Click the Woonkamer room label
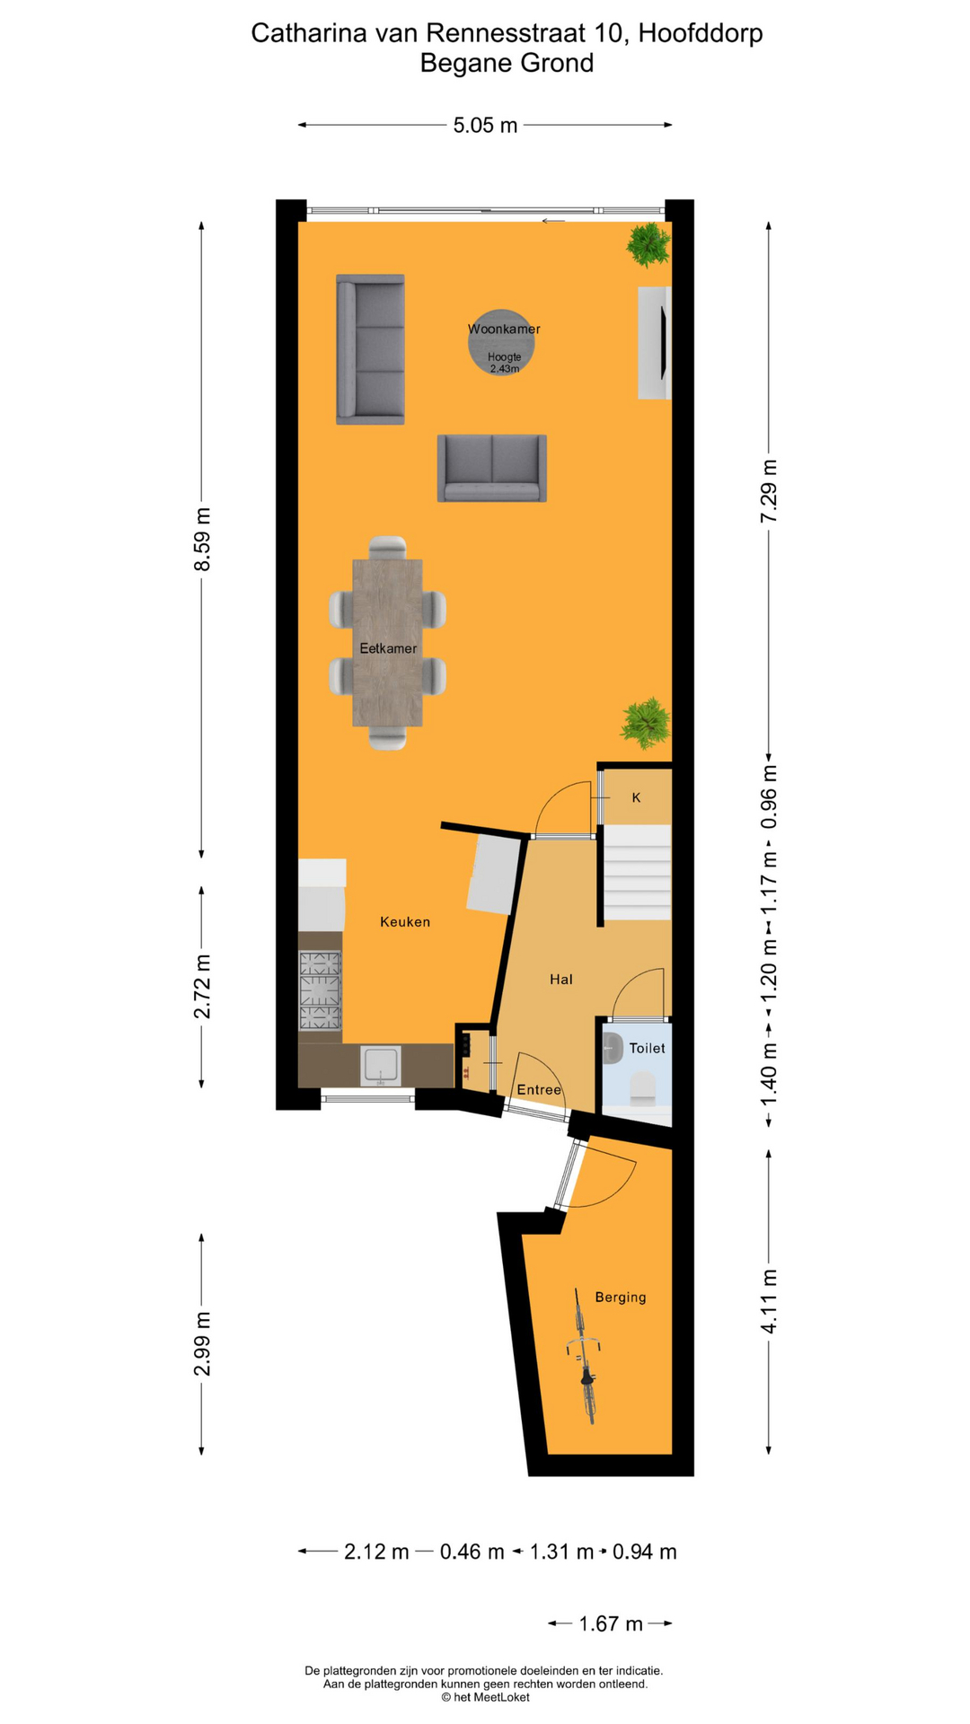(x=504, y=329)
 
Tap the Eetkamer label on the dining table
(x=388, y=648)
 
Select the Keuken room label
(x=405, y=921)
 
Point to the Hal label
(x=561, y=980)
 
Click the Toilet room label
(x=647, y=1048)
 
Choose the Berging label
(x=621, y=1297)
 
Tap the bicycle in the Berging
(x=585, y=1356)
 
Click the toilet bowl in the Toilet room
(x=643, y=1088)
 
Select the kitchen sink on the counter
(x=381, y=1065)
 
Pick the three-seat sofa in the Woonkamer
(x=370, y=348)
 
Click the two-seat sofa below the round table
(x=491, y=468)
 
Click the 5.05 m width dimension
(x=485, y=126)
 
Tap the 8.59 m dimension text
(x=203, y=539)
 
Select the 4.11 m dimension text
(x=769, y=1301)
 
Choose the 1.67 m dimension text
(x=611, y=1623)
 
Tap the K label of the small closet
(x=636, y=797)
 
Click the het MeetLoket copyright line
(x=485, y=1697)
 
